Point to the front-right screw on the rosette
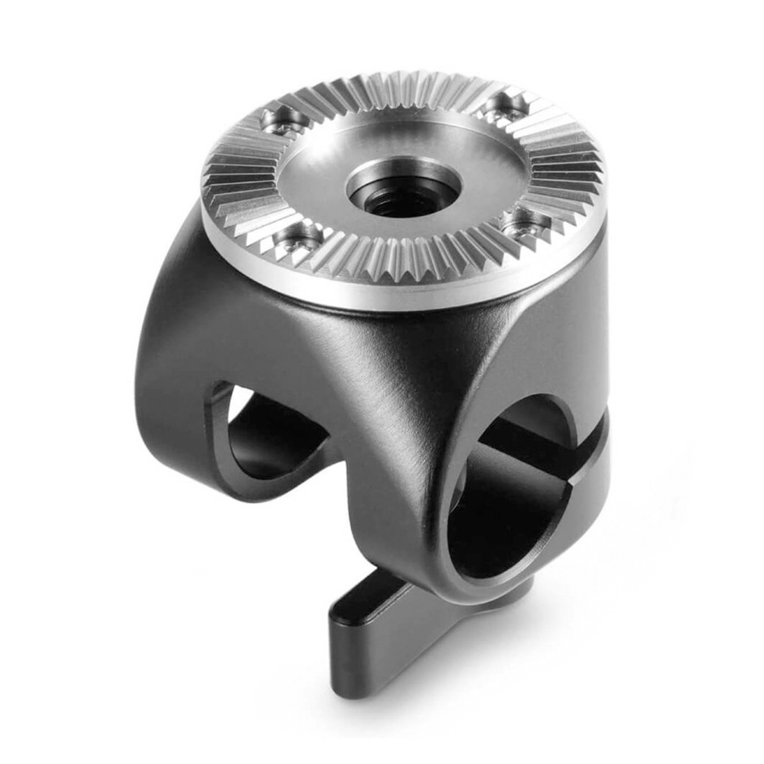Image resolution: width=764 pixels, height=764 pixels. click(x=525, y=224)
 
